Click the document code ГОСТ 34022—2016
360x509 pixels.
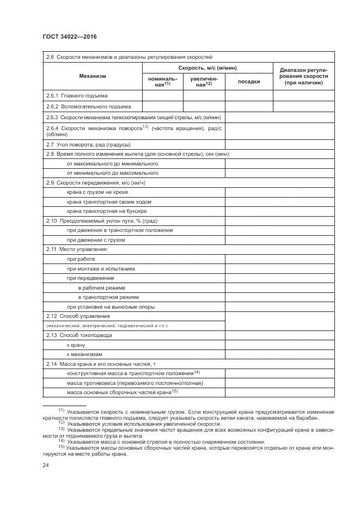point(65,36)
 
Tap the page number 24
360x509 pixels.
point(45,465)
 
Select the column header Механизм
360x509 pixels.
point(92,76)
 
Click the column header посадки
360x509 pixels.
point(249,82)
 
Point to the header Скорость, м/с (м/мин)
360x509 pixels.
point(207,68)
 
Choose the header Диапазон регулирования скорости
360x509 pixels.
point(303,76)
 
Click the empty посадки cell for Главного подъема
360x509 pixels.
point(249,96)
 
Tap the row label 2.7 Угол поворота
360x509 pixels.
point(88,145)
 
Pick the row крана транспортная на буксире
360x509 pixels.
point(106,211)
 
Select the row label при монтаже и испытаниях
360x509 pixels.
point(101,268)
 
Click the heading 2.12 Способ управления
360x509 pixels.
point(78,316)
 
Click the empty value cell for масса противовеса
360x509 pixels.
point(279,383)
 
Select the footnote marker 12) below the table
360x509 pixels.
point(62,422)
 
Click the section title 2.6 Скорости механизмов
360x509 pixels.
point(129,57)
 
